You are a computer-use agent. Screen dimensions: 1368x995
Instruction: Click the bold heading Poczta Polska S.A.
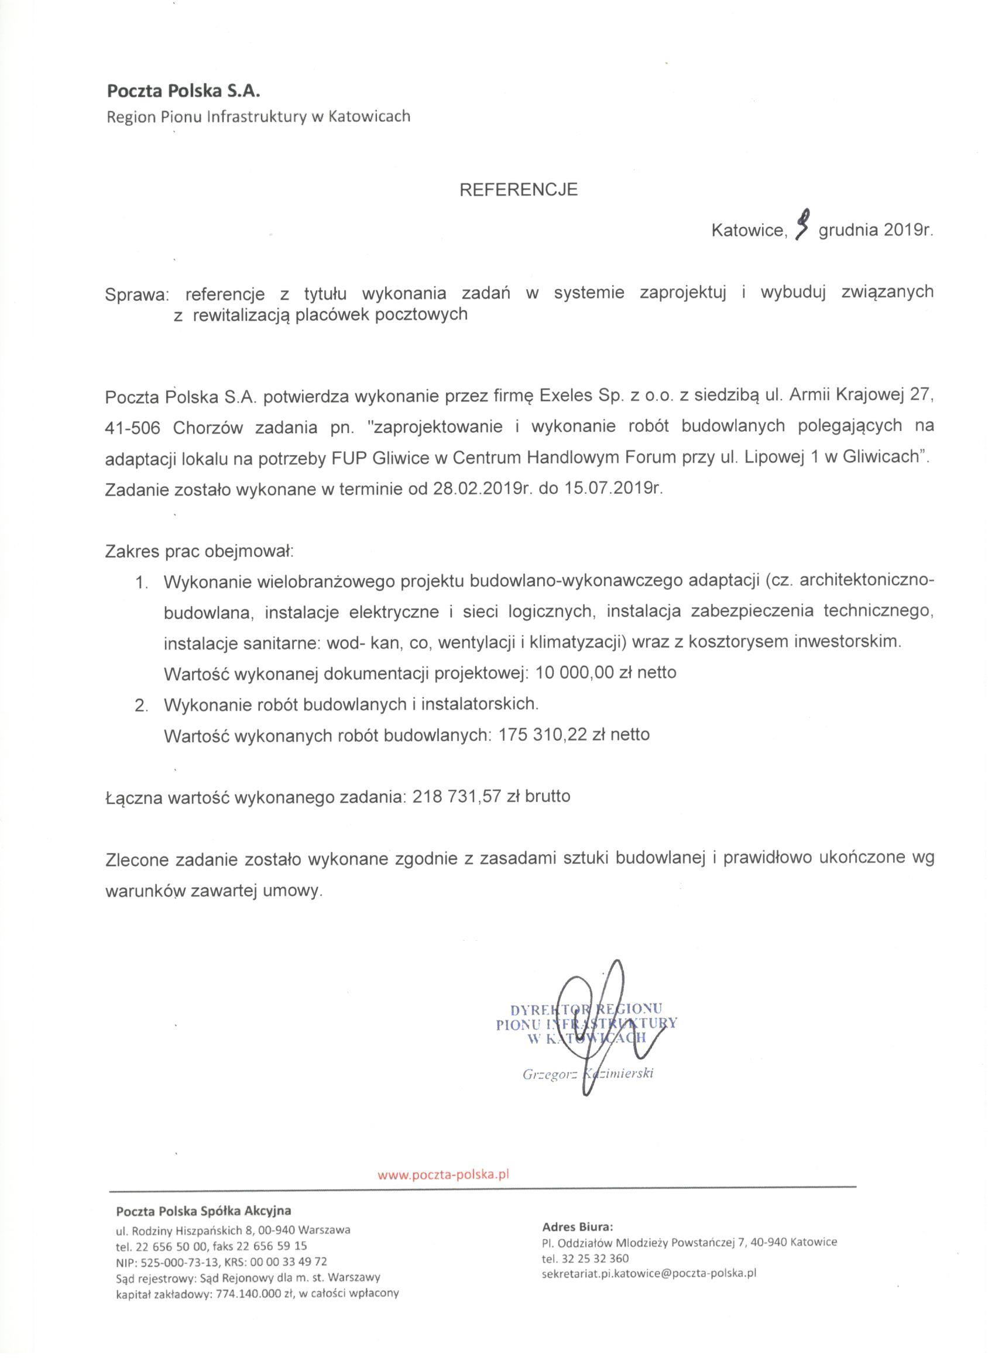[x=183, y=92]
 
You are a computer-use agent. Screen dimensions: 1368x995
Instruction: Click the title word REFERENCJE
[x=519, y=190]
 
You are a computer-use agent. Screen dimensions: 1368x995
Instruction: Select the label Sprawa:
[x=138, y=294]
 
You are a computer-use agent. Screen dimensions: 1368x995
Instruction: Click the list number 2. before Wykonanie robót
[x=142, y=704]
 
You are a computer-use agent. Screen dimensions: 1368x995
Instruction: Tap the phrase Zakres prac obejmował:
[x=199, y=551]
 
